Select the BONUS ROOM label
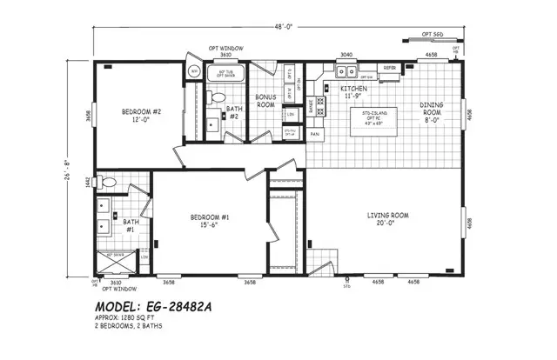point(265,101)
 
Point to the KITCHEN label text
point(353,92)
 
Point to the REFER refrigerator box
point(391,68)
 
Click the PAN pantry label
point(315,135)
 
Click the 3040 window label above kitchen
point(345,54)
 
